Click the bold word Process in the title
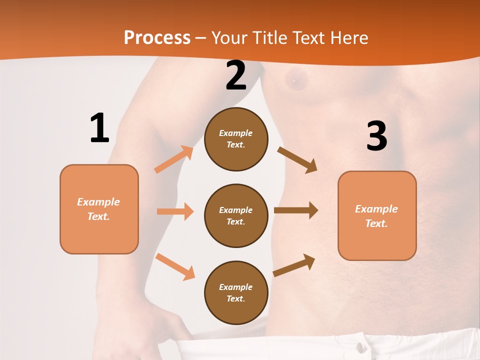coord(157,38)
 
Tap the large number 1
coord(99,128)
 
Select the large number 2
coord(236,75)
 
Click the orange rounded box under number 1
coord(99,209)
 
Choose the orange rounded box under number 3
coord(377,216)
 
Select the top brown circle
coord(236,139)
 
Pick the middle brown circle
coord(236,216)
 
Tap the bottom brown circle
coord(236,293)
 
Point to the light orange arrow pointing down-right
coord(175,266)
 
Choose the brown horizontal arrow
coord(296,210)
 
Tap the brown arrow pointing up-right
coord(294,265)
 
